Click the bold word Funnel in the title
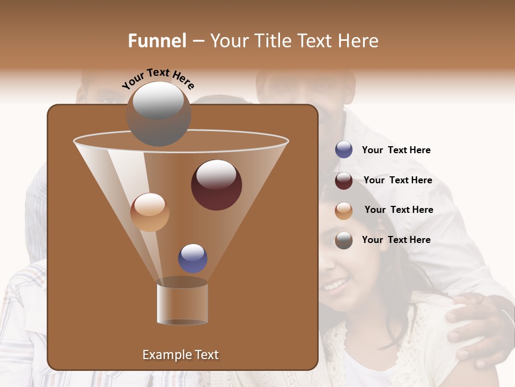click(x=157, y=41)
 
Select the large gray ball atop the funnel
click(x=158, y=114)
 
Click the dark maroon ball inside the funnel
click(x=216, y=185)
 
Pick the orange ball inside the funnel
click(x=150, y=212)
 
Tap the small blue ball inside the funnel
click(x=193, y=258)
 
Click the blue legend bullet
click(x=344, y=150)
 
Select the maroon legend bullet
click(x=344, y=181)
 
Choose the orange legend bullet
click(x=344, y=210)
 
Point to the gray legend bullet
click(x=344, y=240)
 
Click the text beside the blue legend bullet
click(x=396, y=150)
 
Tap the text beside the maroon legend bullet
click(x=398, y=180)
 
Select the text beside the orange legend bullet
click(x=399, y=210)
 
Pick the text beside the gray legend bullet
click(x=396, y=240)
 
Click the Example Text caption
click(x=180, y=355)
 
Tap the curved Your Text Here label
click(x=158, y=78)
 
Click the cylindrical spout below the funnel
click(x=182, y=304)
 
